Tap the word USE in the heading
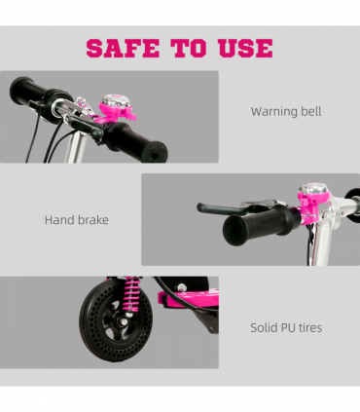[240, 48]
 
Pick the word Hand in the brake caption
[59, 220]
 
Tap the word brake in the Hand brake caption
[93, 220]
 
